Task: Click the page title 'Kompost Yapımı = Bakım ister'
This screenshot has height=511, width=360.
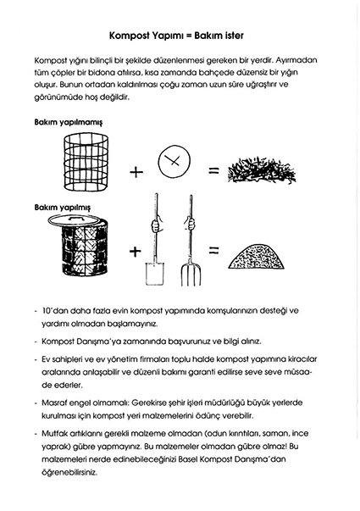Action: coord(176,36)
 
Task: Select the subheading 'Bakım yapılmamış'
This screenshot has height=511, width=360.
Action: coord(69,123)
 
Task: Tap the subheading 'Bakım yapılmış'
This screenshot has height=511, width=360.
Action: coord(63,208)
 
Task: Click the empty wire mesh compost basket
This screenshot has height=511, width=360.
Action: coord(86,161)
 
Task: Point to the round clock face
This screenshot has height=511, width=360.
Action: coord(174,162)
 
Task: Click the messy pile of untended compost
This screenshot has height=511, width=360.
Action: coord(262,169)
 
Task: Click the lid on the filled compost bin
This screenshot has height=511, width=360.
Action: coord(78,219)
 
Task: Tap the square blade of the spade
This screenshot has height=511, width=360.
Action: coord(154,273)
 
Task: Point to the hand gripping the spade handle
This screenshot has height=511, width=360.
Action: coord(157,225)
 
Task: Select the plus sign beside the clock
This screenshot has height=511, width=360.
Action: coord(136,171)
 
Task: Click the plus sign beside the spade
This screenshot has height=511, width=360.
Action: coord(136,251)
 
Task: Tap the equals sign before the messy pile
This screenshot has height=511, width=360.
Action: coord(213,170)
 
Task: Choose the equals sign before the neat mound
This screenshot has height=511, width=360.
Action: coord(213,250)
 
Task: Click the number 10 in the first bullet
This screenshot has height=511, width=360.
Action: coord(47,310)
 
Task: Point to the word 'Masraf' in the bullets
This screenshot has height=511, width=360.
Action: coord(54,403)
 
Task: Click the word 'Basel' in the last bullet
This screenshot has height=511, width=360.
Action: coord(188,459)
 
